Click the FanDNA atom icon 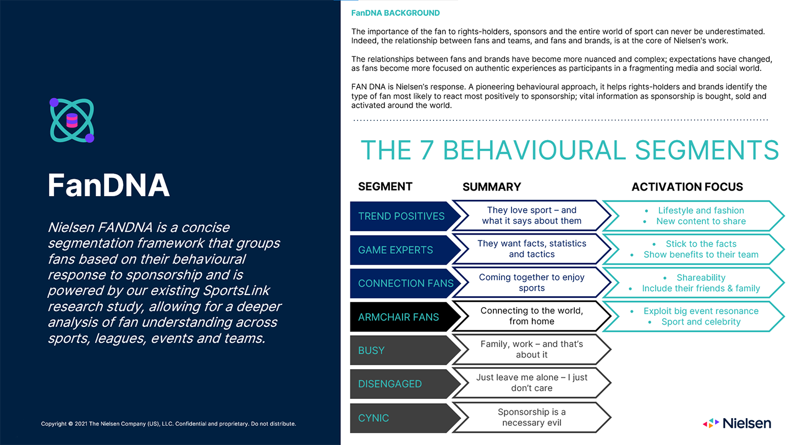(x=72, y=120)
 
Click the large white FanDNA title (x=108, y=185)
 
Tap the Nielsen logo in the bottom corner (x=737, y=422)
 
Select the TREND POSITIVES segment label (x=401, y=216)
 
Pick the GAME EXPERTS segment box (x=395, y=250)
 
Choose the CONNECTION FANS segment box (x=405, y=283)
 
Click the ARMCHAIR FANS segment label (x=398, y=317)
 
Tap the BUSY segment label (x=371, y=351)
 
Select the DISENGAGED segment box (x=390, y=384)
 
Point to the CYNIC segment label (x=373, y=418)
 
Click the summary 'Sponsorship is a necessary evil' (x=531, y=418)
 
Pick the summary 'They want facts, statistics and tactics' (x=531, y=249)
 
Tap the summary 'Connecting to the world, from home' (x=531, y=316)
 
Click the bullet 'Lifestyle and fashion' (x=701, y=210)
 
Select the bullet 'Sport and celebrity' (x=701, y=322)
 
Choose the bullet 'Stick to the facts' (x=701, y=244)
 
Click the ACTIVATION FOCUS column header (x=687, y=187)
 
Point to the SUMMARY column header (x=492, y=187)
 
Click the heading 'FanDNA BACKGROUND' (x=395, y=13)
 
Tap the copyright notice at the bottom (x=168, y=424)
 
